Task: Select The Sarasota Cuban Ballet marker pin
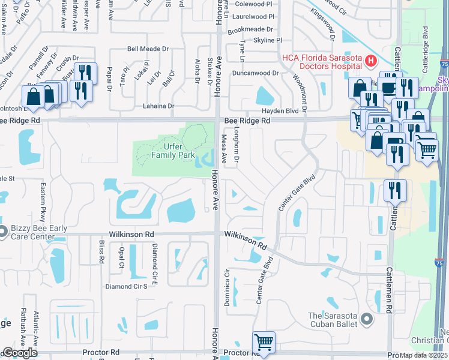tap(367, 320)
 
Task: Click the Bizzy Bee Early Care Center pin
tap(2, 230)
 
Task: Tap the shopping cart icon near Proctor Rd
tap(264, 342)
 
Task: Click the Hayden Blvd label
tap(280, 112)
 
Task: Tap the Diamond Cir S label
tap(126, 287)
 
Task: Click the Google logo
tap(20, 352)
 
